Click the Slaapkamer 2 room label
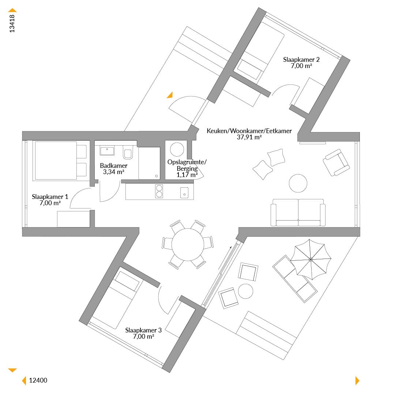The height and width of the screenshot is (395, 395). click(301, 63)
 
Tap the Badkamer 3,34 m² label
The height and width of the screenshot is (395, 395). click(114, 169)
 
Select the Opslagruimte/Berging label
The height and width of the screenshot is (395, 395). click(187, 168)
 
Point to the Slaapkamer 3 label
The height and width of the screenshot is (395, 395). click(143, 333)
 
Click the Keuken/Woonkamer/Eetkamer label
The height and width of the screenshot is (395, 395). click(249, 134)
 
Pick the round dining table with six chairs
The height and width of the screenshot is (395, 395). click(188, 244)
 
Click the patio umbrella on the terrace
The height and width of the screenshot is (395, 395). click(311, 259)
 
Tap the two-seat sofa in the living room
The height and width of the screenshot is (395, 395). click(298, 212)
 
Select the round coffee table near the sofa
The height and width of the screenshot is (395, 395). click(298, 183)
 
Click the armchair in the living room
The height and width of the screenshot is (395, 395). click(336, 162)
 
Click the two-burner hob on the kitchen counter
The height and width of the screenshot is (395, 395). click(159, 191)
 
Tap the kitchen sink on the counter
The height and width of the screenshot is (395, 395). click(184, 193)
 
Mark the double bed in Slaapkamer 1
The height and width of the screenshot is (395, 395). click(60, 161)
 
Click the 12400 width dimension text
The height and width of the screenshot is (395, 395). click(38, 380)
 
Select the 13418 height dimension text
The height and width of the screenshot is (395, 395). click(12, 24)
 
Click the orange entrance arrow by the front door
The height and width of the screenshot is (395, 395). click(170, 95)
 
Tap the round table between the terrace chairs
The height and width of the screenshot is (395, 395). click(245, 291)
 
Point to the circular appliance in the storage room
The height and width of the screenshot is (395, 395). click(177, 149)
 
